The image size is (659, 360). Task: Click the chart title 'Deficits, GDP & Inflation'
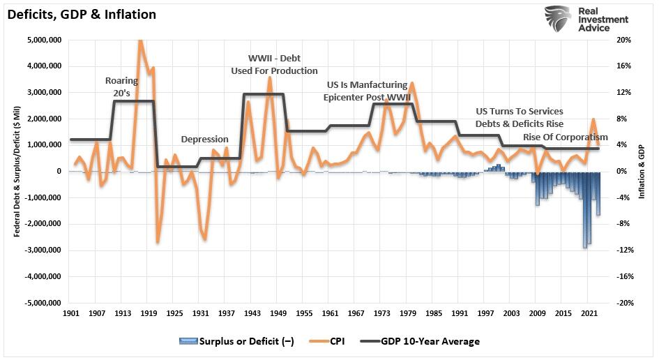[x=82, y=14]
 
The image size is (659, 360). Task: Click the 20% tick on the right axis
[x=624, y=40]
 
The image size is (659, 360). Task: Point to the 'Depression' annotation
[x=204, y=140]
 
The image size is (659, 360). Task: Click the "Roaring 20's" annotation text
[x=122, y=86]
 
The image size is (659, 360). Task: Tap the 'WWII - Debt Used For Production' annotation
[x=275, y=64]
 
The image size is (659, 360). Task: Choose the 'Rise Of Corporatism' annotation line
[x=565, y=137]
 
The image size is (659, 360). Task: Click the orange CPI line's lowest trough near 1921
[x=158, y=242]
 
